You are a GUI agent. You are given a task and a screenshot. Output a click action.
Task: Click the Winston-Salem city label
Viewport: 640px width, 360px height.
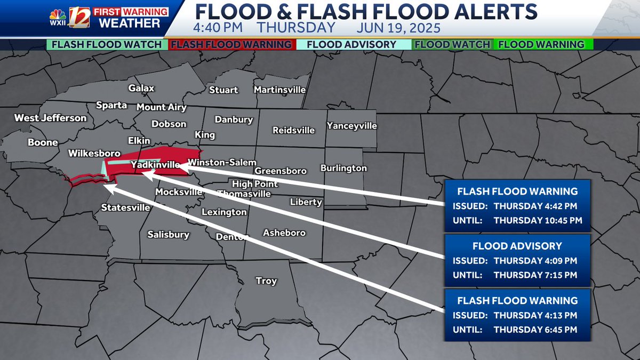(x=222, y=162)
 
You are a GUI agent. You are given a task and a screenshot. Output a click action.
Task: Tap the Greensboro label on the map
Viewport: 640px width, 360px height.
(x=281, y=171)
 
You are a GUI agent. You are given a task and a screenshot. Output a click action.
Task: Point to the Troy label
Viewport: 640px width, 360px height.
(x=266, y=281)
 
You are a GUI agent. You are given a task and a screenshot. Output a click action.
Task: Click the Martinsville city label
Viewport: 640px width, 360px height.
(x=279, y=90)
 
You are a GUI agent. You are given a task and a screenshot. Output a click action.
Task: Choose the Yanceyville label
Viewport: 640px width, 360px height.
(x=352, y=126)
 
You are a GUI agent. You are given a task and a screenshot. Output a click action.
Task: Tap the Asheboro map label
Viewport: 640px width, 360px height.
(x=284, y=233)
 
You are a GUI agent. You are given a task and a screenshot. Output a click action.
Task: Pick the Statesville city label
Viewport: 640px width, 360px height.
(x=126, y=207)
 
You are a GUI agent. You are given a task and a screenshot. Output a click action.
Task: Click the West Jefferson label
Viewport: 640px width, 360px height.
(x=50, y=118)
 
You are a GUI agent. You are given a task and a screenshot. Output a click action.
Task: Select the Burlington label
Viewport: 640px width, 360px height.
(x=343, y=168)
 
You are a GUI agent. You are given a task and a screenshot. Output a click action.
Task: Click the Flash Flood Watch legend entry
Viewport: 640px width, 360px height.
(x=107, y=45)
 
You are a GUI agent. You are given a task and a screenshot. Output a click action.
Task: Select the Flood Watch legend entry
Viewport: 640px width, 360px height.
(x=452, y=45)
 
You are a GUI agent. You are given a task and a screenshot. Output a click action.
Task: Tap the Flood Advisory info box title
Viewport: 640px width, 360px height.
(x=517, y=246)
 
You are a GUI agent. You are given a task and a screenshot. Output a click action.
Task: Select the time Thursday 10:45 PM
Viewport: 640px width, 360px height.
(x=538, y=220)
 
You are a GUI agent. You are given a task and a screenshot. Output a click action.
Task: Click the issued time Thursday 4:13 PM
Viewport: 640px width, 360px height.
(x=535, y=315)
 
